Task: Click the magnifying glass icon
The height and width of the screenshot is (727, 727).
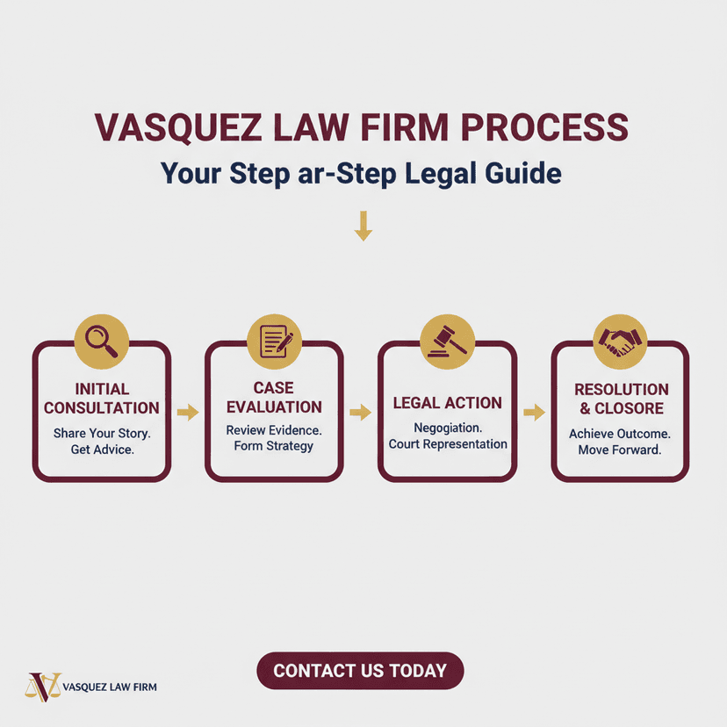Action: [102, 342]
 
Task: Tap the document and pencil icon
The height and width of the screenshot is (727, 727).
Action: [276, 342]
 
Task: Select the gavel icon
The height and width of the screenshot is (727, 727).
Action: [448, 342]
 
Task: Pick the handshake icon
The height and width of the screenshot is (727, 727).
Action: [620, 342]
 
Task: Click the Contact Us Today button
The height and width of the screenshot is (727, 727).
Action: [360, 671]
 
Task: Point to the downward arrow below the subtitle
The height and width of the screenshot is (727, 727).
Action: [363, 226]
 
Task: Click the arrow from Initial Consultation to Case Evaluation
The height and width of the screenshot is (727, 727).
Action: [188, 412]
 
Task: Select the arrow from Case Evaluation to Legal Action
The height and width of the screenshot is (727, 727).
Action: [360, 412]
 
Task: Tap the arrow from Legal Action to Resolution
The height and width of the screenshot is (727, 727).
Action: [534, 412]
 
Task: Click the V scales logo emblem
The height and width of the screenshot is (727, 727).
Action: [43, 687]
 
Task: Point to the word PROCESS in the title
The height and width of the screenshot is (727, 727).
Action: [544, 127]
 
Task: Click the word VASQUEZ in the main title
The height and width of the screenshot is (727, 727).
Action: [178, 128]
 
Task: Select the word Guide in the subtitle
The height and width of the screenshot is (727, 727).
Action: [523, 173]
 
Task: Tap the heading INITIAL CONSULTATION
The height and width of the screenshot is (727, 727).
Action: [102, 399]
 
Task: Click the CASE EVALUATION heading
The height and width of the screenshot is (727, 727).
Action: [274, 398]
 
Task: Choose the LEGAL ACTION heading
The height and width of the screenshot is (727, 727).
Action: [448, 403]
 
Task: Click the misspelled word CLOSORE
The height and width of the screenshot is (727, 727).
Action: [630, 408]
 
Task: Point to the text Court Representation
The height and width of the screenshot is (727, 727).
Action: [448, 444]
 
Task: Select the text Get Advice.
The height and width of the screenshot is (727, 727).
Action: [103, 450]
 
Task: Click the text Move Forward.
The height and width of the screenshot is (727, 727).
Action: [620, 450]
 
